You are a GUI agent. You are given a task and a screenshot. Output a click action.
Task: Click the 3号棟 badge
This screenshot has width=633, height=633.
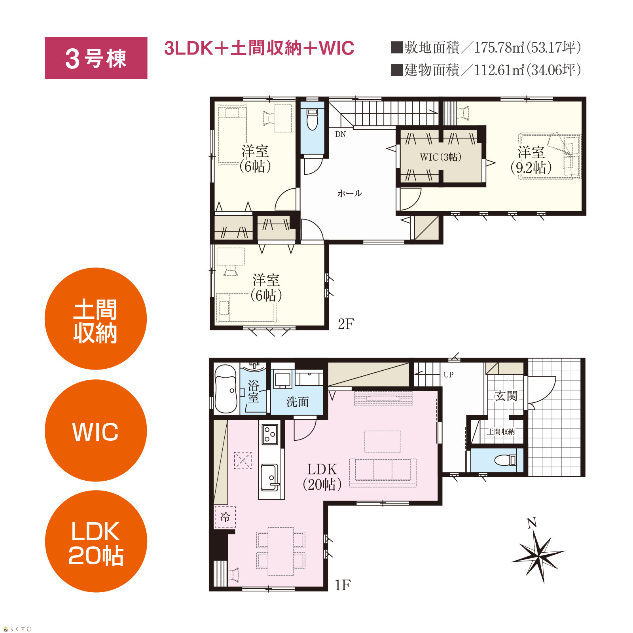96,58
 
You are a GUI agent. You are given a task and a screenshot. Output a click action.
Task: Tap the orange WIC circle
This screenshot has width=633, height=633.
96,430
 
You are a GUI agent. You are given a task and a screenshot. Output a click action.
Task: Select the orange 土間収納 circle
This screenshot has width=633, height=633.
96,319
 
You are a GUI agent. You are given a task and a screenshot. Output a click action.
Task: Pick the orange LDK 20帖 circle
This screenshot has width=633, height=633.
96,541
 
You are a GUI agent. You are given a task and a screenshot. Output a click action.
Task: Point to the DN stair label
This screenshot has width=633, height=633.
340,135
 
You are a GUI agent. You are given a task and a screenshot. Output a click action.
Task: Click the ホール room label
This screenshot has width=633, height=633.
349,193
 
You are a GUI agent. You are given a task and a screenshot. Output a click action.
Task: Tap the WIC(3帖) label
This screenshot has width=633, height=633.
440,157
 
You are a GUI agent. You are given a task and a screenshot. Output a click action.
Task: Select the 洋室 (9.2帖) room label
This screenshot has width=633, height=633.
531,160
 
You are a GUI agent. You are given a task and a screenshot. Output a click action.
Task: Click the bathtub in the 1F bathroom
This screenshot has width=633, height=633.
226,389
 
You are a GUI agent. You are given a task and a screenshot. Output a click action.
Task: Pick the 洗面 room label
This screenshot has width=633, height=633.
297,402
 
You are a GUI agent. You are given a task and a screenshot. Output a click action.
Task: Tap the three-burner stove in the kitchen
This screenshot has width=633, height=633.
270,434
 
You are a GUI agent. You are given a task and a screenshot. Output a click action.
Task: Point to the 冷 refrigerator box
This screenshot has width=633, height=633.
225,517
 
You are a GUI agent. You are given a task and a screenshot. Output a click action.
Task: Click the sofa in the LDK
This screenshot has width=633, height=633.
383,472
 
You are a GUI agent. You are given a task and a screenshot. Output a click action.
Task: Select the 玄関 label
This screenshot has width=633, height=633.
506,396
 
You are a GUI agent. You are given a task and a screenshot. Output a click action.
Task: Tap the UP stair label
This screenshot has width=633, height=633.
448,374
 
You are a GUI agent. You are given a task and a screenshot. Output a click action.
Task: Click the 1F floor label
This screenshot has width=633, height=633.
343,585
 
